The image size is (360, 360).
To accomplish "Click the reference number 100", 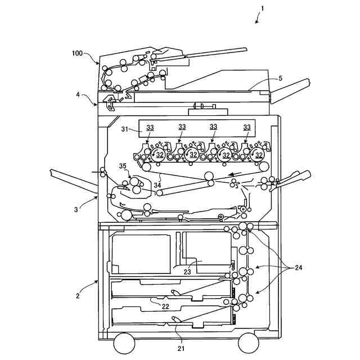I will click(77, 53).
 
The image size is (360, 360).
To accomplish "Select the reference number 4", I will click(78, 94).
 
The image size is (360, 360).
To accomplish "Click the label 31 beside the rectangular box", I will click(125, 129).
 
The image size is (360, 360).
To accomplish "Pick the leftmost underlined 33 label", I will click(150, 127).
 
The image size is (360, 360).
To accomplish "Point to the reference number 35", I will click(123, 166).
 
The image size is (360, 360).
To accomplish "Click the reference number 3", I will click(76, 209).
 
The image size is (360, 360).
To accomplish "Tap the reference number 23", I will click(187, 272).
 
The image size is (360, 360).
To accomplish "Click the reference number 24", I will click(299, 268).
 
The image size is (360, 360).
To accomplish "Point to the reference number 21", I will click(181, 348).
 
